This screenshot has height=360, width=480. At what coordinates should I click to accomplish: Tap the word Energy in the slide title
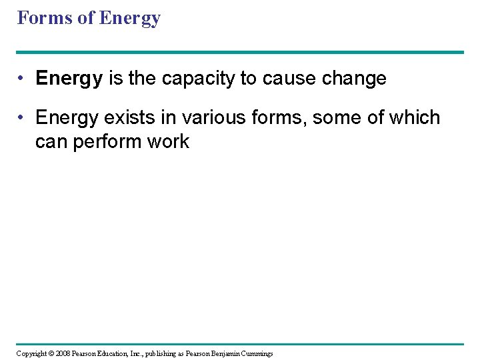tap(129, 19)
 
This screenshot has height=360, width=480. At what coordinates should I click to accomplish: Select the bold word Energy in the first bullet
tap(69, 79)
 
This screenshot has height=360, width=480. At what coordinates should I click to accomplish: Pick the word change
tap(355, 79)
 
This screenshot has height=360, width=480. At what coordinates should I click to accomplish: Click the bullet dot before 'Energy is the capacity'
tap(23, 79)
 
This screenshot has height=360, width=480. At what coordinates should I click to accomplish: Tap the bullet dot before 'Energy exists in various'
tap(23, 117)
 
